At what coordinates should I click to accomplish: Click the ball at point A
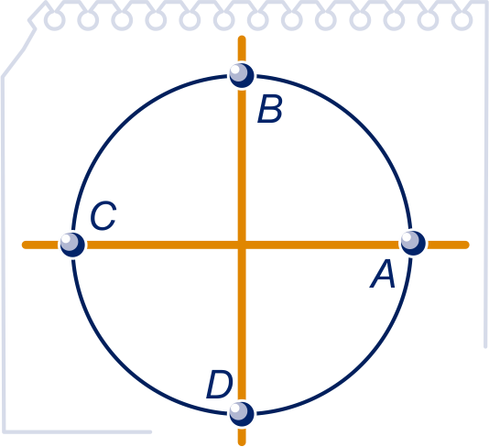pyautogui.click(x=413, y=244)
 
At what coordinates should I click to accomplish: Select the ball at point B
pyautogui.click(x=242, y=75)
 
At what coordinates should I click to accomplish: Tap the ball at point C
pyautogui.click(x=72, y=245)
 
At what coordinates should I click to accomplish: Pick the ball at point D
pyautogui.click(x=242, y=414)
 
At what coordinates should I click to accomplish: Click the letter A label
pyautogui.click(x=383, y=274)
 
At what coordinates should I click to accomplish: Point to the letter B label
pyautogui.click(x=270, y=109)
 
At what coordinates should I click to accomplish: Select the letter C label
pyautogui.click(x=103, y=216)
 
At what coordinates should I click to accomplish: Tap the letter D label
pyautogui.click(x=220, y=385)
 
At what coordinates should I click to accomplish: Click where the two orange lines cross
pyautogui.click(x=242, y=245)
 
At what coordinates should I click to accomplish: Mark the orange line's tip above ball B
pyautogui.click(x=242, y=38)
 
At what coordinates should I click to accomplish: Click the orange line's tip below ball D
pyautogui.click(x=242, y=443)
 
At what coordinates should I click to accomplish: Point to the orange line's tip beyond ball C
pyautogui.click(x=24, y=245)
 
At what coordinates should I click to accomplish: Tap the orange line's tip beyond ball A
pyautogui.click(x=467, y=245)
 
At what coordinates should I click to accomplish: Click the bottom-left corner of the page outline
pyautogui.click(x=4, y=432)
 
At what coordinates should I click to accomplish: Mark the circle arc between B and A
pyautogui.click(x=362, y=125)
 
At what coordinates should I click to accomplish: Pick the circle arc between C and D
pyautogui.click(x=122, y=365)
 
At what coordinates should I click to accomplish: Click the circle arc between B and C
pyautogui.click(x=122, y=125)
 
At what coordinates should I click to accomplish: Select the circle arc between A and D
pyautogui.click(x=362, y=365)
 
